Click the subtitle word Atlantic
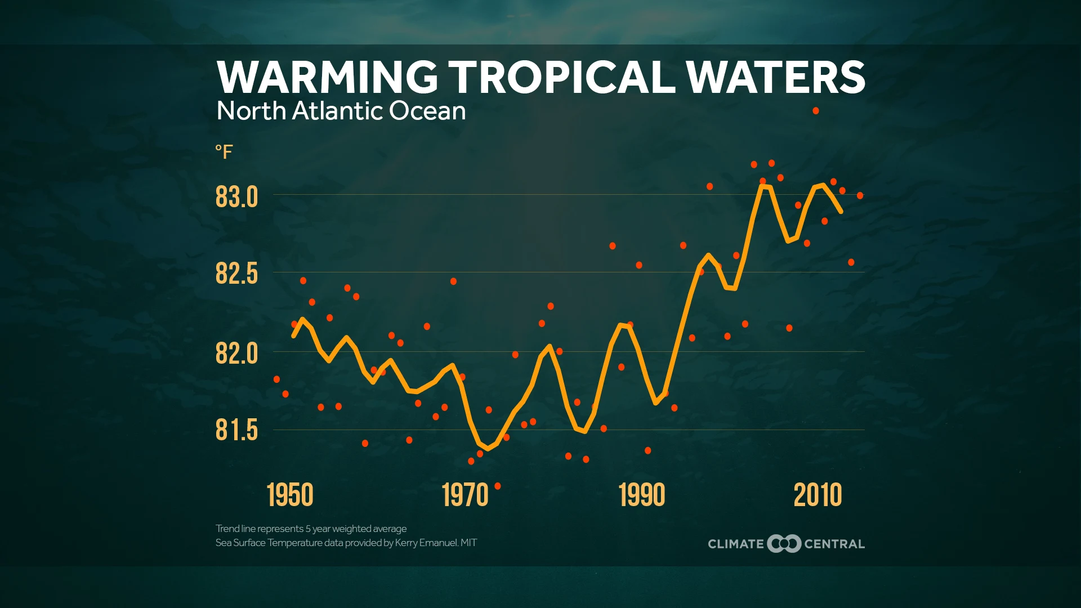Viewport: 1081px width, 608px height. coord(337,111)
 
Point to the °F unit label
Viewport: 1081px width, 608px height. coord(224,152)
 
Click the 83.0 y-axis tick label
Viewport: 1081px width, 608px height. coord(236,197)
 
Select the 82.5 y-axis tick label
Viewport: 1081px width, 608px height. coord(236,274)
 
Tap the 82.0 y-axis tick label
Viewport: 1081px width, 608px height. coord(236,354)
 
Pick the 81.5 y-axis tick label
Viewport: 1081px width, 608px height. coord(236,430)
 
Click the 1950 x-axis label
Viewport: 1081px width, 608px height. coord(290,495)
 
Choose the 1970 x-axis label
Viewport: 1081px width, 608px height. coord(465,495)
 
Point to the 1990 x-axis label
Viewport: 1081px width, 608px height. coord(642,495)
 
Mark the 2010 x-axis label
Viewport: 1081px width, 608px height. coord(818,495)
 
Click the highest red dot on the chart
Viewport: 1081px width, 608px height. coord(815,111)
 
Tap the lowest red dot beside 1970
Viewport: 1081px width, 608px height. coord(498,486)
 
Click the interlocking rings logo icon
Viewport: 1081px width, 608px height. coord(784,543)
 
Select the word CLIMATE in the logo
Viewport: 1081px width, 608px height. coord(736,544)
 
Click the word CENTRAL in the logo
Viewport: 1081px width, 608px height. coord(834,544)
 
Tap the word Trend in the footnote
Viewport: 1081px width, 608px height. coord(227,529)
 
